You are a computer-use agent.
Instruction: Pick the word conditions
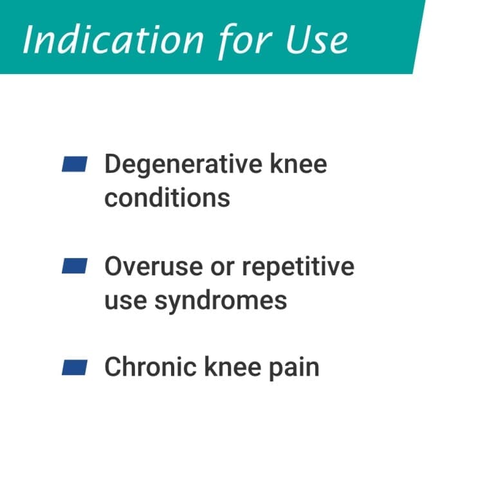167,197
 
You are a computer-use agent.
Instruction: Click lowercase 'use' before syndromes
122,300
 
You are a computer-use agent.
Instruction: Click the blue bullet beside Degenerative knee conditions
74,164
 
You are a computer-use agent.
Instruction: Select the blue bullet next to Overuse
74,266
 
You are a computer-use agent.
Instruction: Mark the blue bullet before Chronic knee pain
74,367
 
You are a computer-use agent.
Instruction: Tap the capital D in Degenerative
113,165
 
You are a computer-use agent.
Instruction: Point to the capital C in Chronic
113,367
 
